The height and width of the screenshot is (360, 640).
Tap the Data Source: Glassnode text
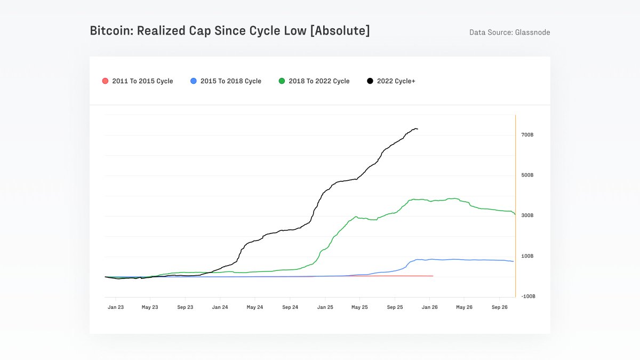click(x=509, y=33)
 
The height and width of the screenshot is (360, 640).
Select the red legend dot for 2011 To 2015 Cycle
click(x=105, y=81)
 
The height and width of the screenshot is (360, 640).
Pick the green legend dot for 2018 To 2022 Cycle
click(x=282, y=81)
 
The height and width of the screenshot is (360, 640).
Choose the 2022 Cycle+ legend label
click(x=396, y=81)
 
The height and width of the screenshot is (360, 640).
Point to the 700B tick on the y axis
click(x=527, y=135)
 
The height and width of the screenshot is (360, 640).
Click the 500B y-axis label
click(x=527, y=175)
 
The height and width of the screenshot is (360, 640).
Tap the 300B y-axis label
click(x=527, y=215)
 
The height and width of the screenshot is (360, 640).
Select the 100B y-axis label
click(x=527, y=256)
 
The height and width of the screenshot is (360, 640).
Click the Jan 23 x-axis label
click(x=116, y=307)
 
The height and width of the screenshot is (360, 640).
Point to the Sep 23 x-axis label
click(x=185, y=307)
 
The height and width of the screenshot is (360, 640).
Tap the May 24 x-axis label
click(x=255, y=307)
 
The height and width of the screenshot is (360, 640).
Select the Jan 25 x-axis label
click(x=325, y=307)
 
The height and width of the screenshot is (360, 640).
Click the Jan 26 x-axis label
click(x=430, y=307)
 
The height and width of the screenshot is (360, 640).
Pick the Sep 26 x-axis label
click(x=499, y=307)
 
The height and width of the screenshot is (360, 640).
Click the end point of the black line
click(x=418, y=129)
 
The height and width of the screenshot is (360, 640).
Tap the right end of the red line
click(x=433, y=276)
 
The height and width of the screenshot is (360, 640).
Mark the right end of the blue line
click(x=514, y=261)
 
